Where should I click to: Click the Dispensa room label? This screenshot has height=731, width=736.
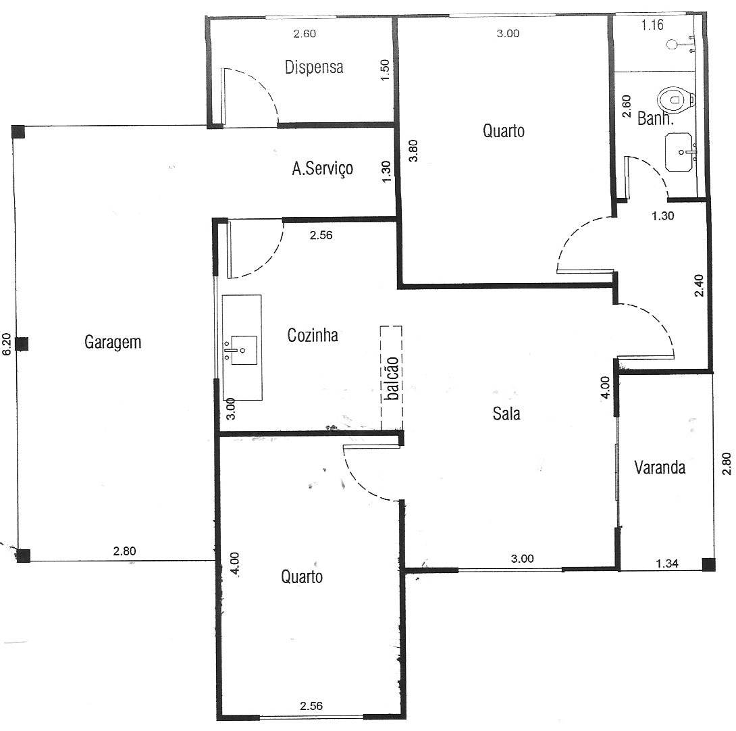313,67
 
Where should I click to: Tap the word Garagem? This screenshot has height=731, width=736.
113,342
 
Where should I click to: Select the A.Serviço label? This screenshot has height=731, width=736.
323,168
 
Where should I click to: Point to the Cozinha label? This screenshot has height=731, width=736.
313,335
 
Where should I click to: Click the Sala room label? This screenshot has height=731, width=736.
506,413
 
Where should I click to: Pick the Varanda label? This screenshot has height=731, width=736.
660,468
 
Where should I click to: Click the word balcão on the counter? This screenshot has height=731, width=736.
392,378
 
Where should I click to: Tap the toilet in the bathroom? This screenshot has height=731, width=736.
676,100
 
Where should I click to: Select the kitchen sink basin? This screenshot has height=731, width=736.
241,350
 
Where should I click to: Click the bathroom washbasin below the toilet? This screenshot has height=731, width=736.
679,152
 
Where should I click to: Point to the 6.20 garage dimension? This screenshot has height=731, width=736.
7,344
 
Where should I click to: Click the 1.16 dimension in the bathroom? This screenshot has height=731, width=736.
652,25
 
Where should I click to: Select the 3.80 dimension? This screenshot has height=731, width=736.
413,151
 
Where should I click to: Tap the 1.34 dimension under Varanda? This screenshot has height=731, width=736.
667,563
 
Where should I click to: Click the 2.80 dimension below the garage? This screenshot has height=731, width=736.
124,551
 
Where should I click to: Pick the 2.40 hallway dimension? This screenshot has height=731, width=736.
699,286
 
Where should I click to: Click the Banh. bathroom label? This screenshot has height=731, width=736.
655,118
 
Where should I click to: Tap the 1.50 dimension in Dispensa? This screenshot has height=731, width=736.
384,70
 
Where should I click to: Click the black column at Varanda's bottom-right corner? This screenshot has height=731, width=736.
709,563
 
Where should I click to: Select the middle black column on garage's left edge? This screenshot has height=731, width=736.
22,344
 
